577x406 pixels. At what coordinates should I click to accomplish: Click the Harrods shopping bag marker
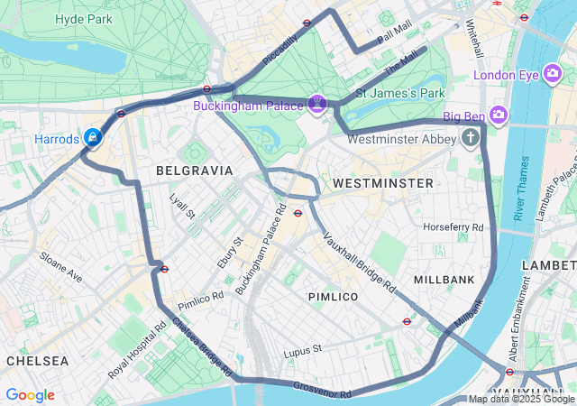pyautogui.click(x=92, y=137)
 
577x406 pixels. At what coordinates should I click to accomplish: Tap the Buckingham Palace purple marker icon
pyautogui.click(x=317, y=105)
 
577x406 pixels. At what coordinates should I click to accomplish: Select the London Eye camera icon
pyautogui.click(x=553, y=75)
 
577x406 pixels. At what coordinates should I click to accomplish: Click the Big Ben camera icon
pyautogui.click(x=499, y=115)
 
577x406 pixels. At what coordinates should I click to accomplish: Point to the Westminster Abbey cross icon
pyautogui.click(x=470, y=138)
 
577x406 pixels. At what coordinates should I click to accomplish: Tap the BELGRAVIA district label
pyautogui.click(x=194, y=170)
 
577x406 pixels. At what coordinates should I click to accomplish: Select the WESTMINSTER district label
pyautogui.click(x=382, y=183)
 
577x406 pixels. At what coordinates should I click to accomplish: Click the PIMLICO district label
pyautogui.click(x=333, y=297)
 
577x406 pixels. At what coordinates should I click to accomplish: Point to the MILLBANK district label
pyautogui.click(x=444, y=280)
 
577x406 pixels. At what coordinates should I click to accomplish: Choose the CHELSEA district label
pyautogui.click(x=37, y=360)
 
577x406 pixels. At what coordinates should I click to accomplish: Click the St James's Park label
pyautogui.click(x=400, y=93)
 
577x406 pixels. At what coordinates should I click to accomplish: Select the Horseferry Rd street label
pyautogui.click(x=453, y=226)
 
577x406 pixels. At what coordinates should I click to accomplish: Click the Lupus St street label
pyautogui.click(x=302, y=350)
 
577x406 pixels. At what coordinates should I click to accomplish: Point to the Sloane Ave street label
pyautogui.click(x=60, y=268)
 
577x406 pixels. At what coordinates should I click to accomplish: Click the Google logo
pyautogui.click(x=30, y=395)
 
